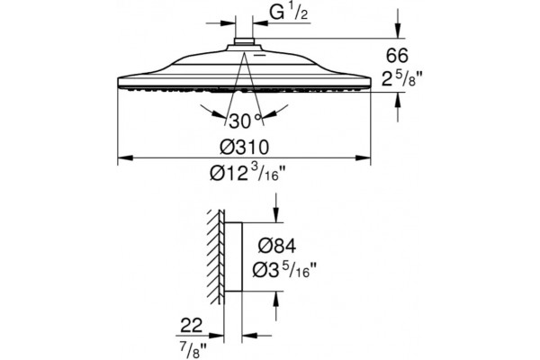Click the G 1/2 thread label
tap(289, 13)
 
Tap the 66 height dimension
tap(397, 56)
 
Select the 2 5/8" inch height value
tap(401, 79)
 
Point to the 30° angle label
tap(245, 121)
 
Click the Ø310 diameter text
tap(244, 147)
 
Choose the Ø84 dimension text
tap(277, 247)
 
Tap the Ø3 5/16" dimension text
tap(284, 269)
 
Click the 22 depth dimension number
tap(192, 325)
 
